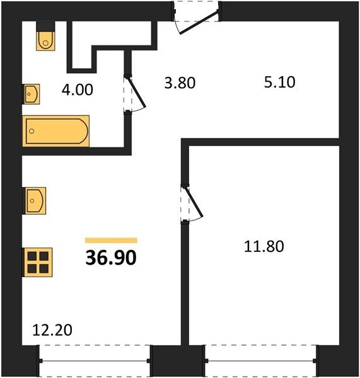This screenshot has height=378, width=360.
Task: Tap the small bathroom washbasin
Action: pyautogui.click(x=31, y=94)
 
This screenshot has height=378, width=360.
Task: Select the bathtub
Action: pyautogui.click(x=56, y=131)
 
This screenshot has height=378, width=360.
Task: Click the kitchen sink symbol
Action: pyautogui.click(x=34, y=201)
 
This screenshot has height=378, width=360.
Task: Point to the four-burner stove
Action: pyautogui.click(x=37, y=262)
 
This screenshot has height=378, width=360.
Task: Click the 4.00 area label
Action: pyautogui.click(x=77, y=89)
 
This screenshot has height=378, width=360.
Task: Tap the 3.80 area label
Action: pyautogui.click(x=180, y=83)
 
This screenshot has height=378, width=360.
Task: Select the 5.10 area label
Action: pyautogui.click(x=280, y=82)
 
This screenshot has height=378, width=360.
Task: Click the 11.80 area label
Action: pyautogui.click(x=264, y=246)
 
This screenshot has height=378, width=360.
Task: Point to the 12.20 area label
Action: pyautogui.click(x=52, y=330)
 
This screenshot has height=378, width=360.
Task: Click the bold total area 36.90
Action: pyautogui.click(x=111, y=258)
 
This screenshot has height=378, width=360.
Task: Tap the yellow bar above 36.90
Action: pyautogui.click(x=111, y=241)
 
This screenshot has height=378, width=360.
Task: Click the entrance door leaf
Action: pyautogui.click(x=199, y=23)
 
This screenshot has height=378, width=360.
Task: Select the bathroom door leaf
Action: pyautogui.click(x=136, y=92)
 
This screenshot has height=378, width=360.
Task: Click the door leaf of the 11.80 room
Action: pyautogui.click(x=194, y=202)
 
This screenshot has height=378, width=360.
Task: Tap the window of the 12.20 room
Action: pyautogui.click(x=95, y=360)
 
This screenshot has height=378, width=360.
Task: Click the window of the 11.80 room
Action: pyautogui.click(x=261, y=360)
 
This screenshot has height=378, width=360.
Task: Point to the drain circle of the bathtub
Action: pyautogui.click(x=32, y=131)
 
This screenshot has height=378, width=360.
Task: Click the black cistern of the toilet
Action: pyautogui.click(x=45, y=26)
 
